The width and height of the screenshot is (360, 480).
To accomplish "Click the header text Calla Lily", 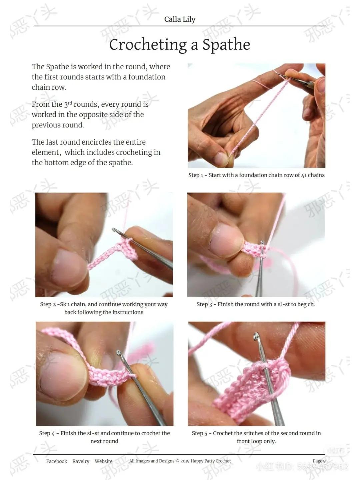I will [x=180, y=19].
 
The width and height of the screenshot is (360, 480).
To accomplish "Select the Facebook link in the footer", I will [x=57, y=461].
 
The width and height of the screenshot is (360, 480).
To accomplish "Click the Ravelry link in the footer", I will [x=81, y=461].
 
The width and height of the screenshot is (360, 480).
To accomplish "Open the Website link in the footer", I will [x=103, y=461].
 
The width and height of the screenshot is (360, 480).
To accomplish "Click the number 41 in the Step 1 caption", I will [x=304, y=175].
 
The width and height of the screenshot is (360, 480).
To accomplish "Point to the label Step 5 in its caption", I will [x=199, y=433].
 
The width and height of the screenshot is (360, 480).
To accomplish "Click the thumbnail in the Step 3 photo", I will [x=227, y=239].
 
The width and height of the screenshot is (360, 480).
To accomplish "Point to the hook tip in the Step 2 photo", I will [x=114, y=230].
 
